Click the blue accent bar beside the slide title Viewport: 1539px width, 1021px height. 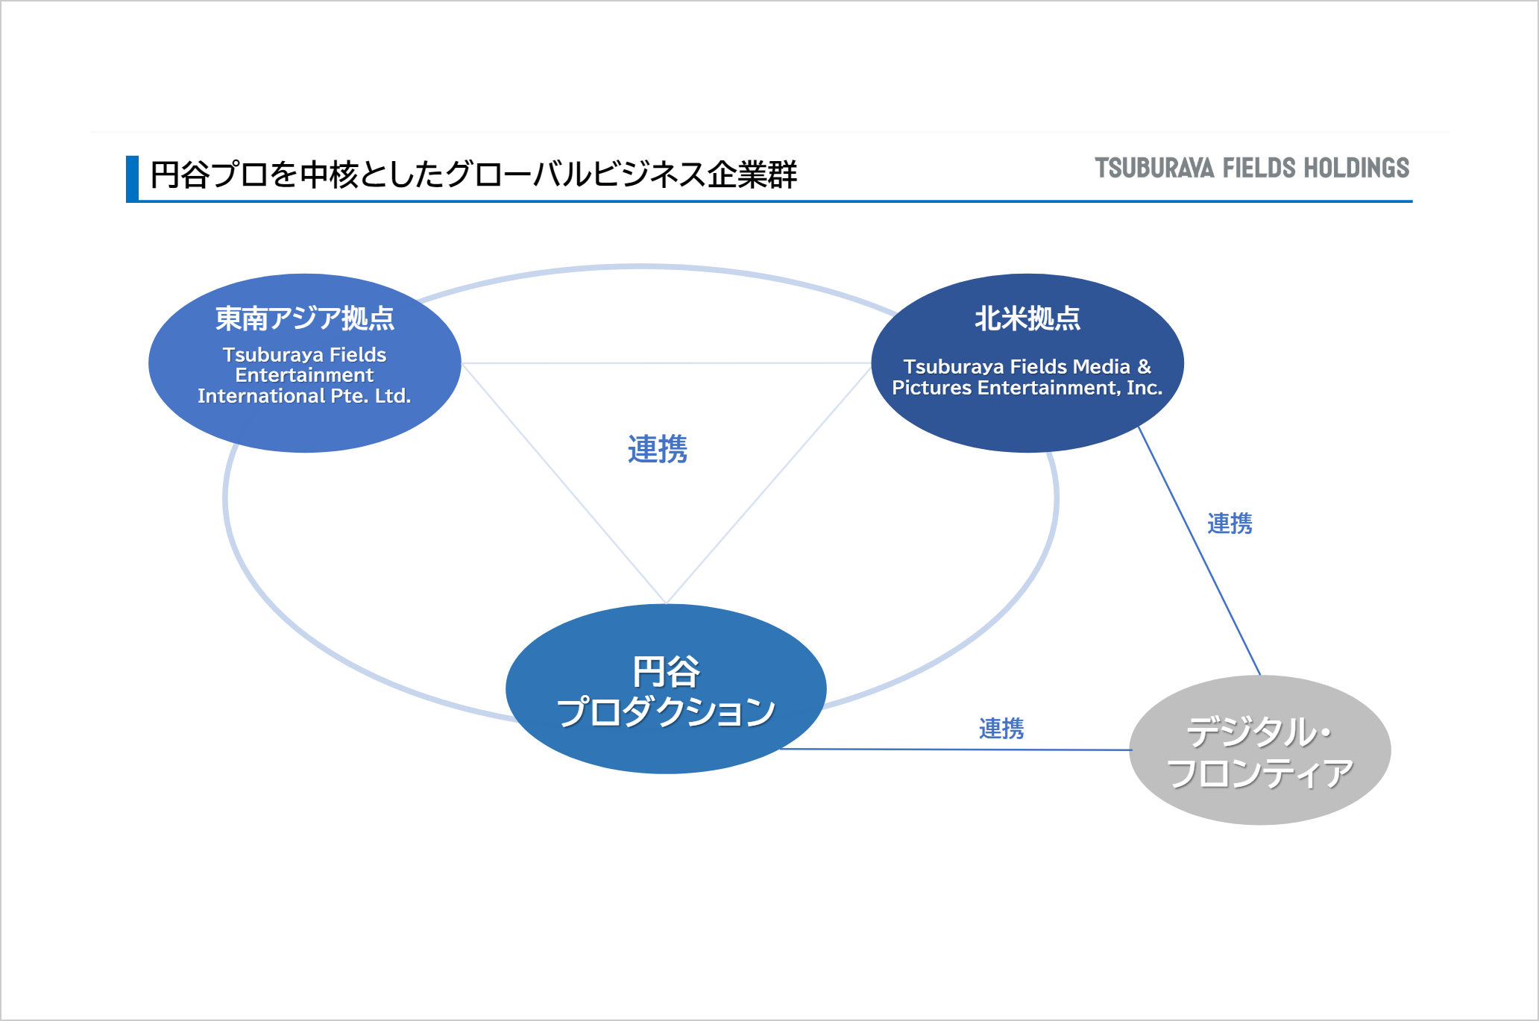(132, 178)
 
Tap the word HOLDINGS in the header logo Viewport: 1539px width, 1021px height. (1356, 169)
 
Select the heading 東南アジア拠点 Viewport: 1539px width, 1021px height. (304, 318)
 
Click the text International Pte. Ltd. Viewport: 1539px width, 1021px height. (304, 396)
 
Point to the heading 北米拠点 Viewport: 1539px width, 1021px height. (1027, 318)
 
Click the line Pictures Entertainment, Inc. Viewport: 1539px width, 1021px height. (1027, 388)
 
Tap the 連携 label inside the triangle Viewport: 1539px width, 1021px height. (657, 449)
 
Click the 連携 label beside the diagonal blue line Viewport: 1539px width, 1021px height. (1230, 524)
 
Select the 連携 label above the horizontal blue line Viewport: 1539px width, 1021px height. (1001, 728)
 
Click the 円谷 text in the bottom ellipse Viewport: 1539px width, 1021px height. (666, 672)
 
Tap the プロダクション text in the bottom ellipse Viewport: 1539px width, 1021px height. (666, 711)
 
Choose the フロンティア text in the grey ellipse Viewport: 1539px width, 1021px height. (1259, 773)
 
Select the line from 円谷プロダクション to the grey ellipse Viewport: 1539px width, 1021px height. (954, 750)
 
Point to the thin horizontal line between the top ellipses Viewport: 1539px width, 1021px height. (666, 363)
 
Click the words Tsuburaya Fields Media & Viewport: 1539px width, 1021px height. (1027, 367)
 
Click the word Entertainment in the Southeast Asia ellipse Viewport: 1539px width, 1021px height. (304, 375)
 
